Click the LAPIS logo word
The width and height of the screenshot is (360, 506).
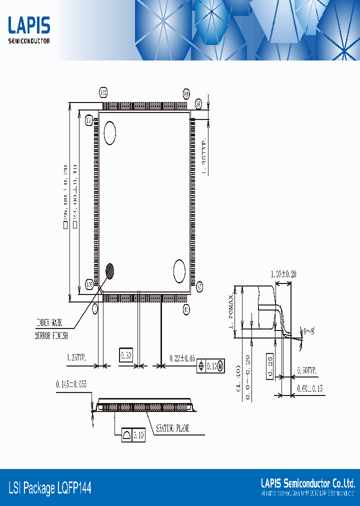(x=29, y=25)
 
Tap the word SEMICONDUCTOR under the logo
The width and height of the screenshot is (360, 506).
(x=29, y=41)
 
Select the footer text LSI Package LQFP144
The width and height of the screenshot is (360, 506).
(x=50, y=487)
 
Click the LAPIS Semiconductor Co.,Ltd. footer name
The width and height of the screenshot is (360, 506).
(x=307, y=483)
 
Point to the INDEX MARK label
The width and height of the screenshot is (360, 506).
(x=52, y=322)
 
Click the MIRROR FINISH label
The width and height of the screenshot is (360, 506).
(x=51, y=336)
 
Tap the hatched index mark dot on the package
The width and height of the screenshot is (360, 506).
(x=110, y=271)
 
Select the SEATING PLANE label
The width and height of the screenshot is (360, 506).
(x=172, y=428)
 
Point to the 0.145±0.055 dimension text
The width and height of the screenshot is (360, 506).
(x=71, y=384)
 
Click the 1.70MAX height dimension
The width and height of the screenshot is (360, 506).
(x=231, y=314)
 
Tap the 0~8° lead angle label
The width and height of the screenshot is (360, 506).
(x=310, y=331)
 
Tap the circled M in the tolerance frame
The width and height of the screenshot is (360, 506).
(x=220, y=366)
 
